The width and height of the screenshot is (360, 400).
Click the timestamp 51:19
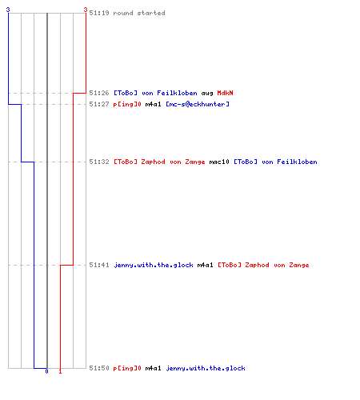tap(99, 13)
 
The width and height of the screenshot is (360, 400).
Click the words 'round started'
tap(139, 13)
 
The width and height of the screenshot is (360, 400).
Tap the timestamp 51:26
tap(99, 93)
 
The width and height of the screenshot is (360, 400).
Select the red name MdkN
tap(225, 93)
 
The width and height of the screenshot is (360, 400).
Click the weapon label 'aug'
tap(207, 94)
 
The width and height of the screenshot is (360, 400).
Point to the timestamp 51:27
tap(99, 104)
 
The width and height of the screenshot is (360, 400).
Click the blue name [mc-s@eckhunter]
tap(198, 104)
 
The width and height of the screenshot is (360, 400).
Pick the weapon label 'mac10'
tap(219, 162)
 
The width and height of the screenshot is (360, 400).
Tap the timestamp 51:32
tap(99, 162)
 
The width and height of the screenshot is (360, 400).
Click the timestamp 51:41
tap(99, 265)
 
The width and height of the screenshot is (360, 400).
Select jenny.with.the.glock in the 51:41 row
tap(154, 266)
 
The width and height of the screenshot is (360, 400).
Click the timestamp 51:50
tap(99, 368)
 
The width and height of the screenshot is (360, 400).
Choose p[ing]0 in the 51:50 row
tap(127, 369)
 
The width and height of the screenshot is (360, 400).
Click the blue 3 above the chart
tap(8, 10)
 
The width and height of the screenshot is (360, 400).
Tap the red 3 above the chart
tap(86, 10)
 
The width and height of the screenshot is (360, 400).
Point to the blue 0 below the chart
tap(46, 371)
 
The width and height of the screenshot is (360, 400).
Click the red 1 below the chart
tap(60, 371)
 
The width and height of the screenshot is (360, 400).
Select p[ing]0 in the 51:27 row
tap(127, 105)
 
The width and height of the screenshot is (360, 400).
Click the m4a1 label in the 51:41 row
tap(205, 265)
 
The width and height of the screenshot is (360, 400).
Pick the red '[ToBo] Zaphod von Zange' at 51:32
tap(159, 162)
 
